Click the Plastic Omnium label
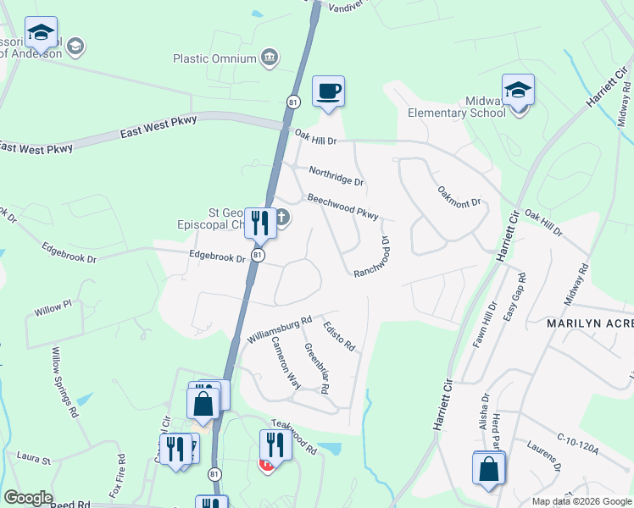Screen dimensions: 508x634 click(x=214, y=58)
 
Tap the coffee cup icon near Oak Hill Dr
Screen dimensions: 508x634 click(x=328, y=91)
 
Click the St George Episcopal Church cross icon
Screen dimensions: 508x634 click(x=282, y=218)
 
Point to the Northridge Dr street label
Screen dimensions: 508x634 click(x=336, y=176)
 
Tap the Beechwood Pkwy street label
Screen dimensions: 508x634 click(x=342, y=207)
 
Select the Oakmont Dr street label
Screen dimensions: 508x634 click(x=459, y=196)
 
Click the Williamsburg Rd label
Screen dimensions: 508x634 click(x=279, y=329)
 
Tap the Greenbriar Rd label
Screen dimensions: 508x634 click(x=316, y=367)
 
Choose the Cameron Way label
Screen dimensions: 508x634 click(x=286, y=362)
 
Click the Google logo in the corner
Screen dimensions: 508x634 click(x=27, y=498)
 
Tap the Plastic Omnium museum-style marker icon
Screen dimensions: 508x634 click(x=270, y=58)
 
